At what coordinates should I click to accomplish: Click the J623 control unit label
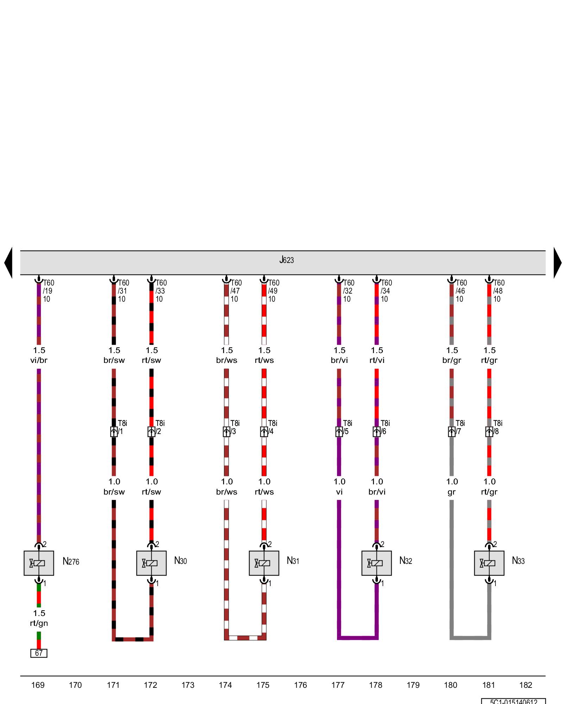pyautogui.click(x=286, y=260)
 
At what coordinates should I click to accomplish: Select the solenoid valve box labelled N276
pyautogui.click(x=39, y=563)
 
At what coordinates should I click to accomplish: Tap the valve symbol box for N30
pyautogui.click(x=151, y=563)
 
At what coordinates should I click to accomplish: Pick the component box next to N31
pyautogui.click(x=264, y=563)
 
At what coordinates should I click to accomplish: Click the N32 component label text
pyautogui.click(x=405, y=561)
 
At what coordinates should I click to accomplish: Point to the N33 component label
pyautogui.click(x=518, y=561)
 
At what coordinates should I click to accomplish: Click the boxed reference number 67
pyautogui.click(x=39, y=653)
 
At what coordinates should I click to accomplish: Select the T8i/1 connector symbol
pyautogui.click(x=114, y=432)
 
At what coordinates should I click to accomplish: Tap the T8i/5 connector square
pyautogui.click(x=339, y=432)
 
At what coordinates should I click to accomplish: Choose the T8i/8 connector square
pyautogui.click(x=489, y=432)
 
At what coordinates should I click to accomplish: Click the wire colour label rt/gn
pyautogui.click(x=39, y=623)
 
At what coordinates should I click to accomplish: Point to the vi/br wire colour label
pyautogui.click(x=39, y=360)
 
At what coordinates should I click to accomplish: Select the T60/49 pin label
pyautogui.click(x=273, y=291)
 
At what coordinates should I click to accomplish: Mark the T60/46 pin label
pyautogui.click(x=461, y=291)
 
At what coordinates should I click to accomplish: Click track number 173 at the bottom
pyautogui.click(x=188, y=685)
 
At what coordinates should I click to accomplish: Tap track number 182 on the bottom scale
pyautogui.click(x=526, y=685)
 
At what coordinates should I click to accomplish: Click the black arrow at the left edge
pyautogui.click(x=8, y=263)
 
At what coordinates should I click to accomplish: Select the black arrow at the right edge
pyautogui.click(x=557, y=263)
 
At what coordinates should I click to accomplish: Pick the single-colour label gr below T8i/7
pyautogui.click(x=451, y=492)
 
